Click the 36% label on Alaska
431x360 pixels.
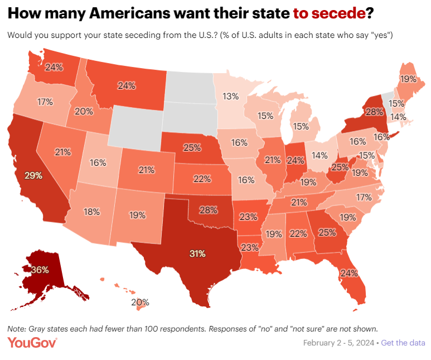click(x=40, y=270)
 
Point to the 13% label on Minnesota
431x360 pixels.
click(x=230, y=96)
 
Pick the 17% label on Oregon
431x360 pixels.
click(x=45, y=102)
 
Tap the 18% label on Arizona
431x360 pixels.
click(x=91, y=212)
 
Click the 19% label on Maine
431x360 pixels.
click(x=407, y=79)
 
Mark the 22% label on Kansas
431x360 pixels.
click(x=202, y=179)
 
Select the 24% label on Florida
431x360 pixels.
click(x=349, y=273)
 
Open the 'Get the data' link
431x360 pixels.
click(x=403, y=342)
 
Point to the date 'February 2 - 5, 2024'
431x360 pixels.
click(x=339, y=342)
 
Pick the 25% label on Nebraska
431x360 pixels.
click(x=191, y=147)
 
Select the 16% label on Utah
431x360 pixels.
click(x=98, y=162)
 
